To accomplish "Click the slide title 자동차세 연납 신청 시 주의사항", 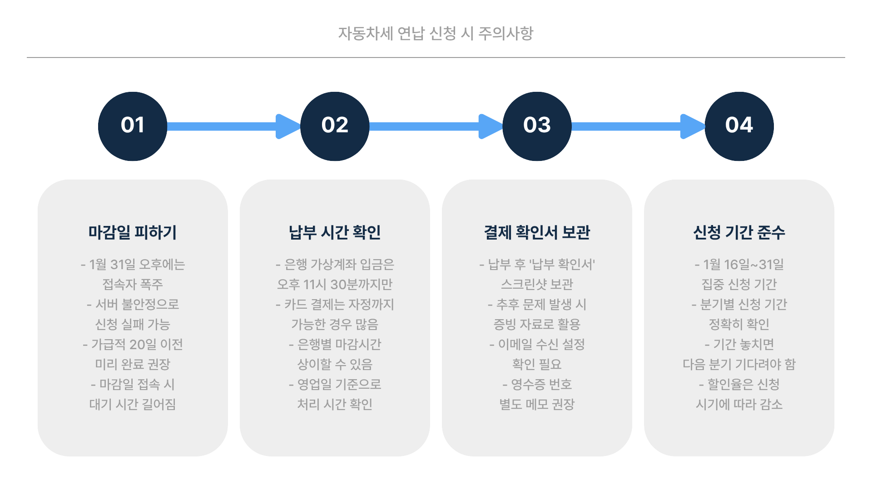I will pyautogui.click(x=436, y=33).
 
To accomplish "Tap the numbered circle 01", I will pyautogui.click(x=133, y=126).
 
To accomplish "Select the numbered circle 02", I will pyautogui.click(x=335, y=126).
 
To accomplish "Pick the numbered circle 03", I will pyautogui.click(x=537, y=126).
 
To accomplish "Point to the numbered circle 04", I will pyautogui.click(x=739, y=126).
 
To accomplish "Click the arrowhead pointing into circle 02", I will pyautogui.click(x=287, y=126).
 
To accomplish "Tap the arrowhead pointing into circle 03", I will pyautogui.click(x=490, y=126).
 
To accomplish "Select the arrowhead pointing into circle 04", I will pyautogui.click(x=692, y=126).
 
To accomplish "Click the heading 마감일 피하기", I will pyautogui.click(x=133, y=232).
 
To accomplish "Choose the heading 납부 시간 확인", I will pyautogui.click(x=335, y=232).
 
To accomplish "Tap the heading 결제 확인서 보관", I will pyautogui.click(x=537, y=232).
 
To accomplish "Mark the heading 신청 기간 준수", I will pyautogui.click(x=739, y=232).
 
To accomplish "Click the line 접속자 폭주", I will pyautogui.click(x=133, y=284).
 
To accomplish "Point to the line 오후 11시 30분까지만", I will pyautogui.click(x=335, y=284).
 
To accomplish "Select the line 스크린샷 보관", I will pyautogui.click(x=537, y=284).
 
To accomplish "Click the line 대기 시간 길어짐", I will pyautogui.click(x=133, y=404).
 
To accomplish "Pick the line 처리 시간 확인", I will pyautogui.click(x=335, y=404).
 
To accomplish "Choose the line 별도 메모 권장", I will pyautogui.click(x=537, y=404).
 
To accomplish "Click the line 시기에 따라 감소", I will pyautogui.click(x=739, y=404).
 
